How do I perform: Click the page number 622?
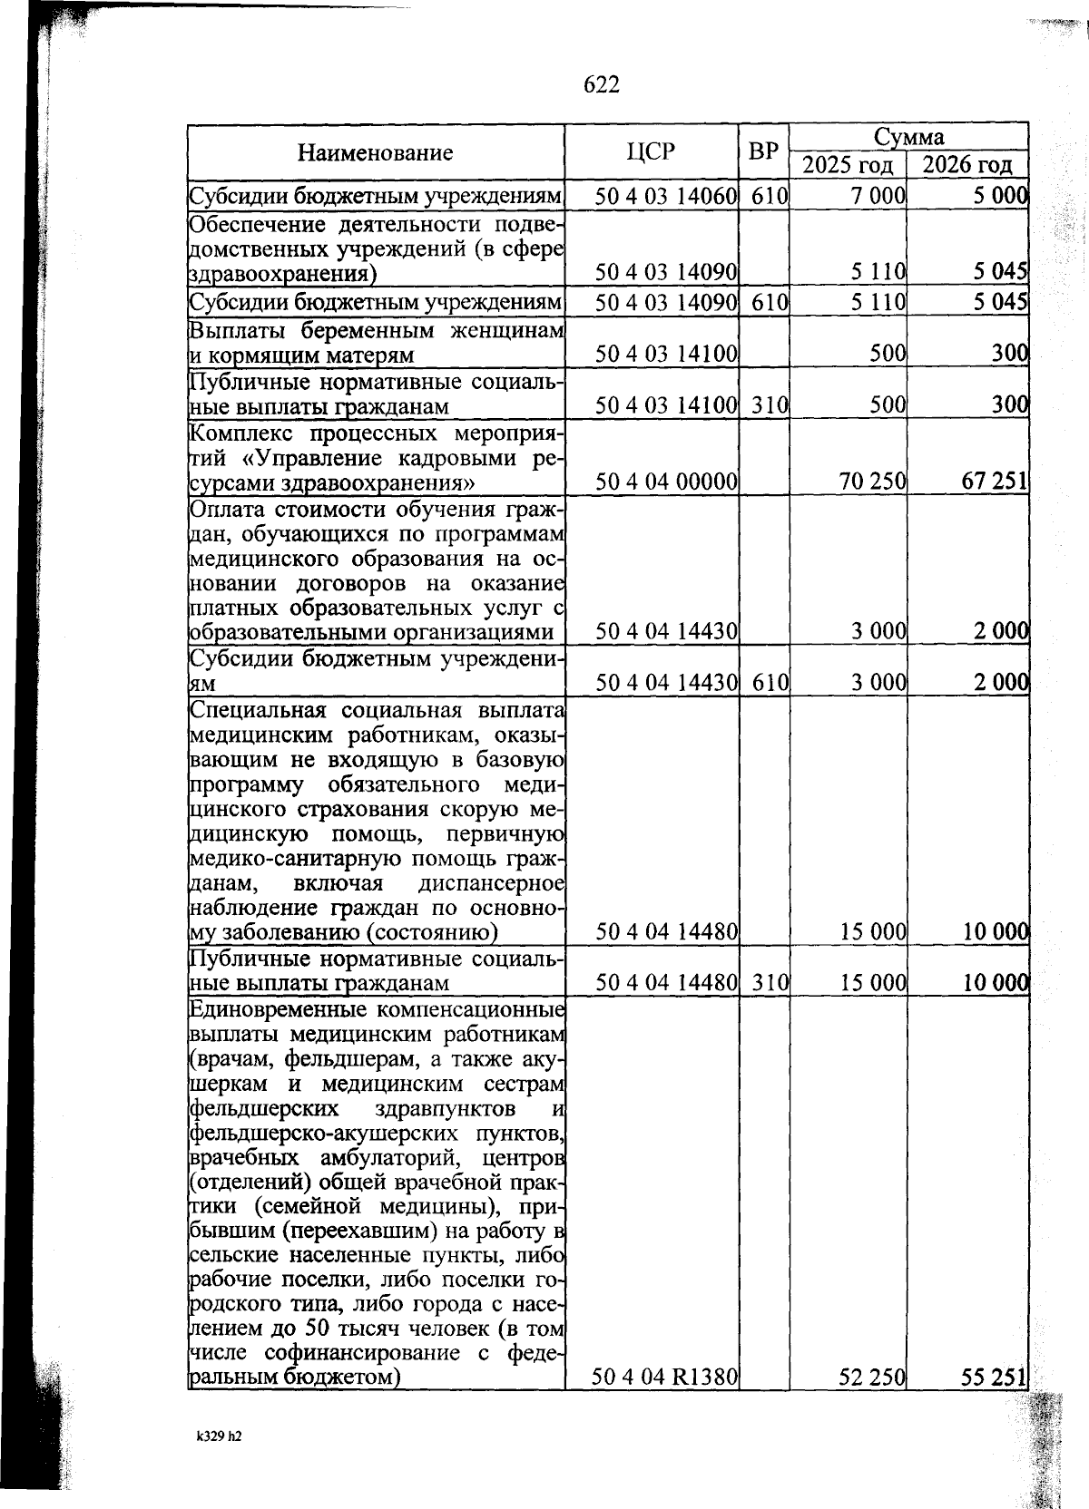pos(601,84)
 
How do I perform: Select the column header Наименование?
pos(376,151)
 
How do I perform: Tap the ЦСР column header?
pos(651,151)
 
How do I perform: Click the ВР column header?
pos(763,151)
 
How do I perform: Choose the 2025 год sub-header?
pos(848,165)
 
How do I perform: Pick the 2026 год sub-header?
pos(967,165)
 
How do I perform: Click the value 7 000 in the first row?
pos(879,194)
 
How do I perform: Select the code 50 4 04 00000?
pos(665,482)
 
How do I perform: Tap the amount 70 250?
pos(873,482)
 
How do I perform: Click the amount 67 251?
pos(994,482)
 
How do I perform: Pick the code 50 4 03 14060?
pos(665,194)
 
